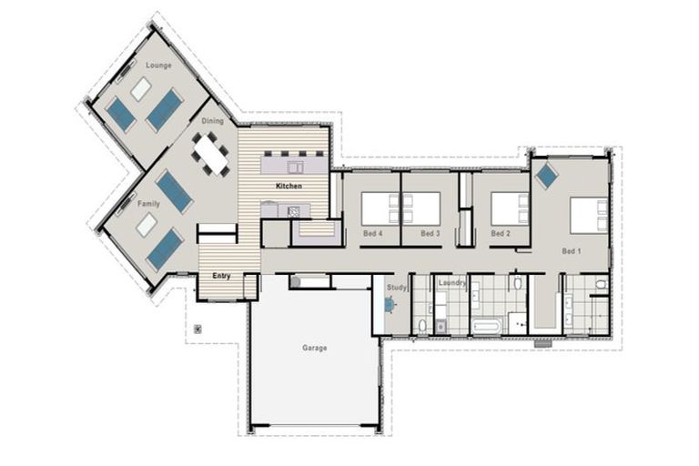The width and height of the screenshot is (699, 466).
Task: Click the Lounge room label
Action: (158, 66)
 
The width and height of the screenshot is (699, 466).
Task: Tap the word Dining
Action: (212, 120)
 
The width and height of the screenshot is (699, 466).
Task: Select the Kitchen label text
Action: (289, 186)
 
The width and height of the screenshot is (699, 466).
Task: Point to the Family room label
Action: (148, 204)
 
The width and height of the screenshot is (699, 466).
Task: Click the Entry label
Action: (221, 275)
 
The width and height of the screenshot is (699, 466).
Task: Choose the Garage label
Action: (314, 348)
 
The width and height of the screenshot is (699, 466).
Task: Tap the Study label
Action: (396, 288)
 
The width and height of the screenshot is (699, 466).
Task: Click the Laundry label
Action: (452, 283)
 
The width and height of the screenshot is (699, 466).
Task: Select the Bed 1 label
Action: (571, 250)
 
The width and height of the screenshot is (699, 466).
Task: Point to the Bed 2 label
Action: (499, 234)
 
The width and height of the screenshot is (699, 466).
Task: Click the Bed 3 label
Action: (431, 234)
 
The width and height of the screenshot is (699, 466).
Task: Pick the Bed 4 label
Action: (372, 234)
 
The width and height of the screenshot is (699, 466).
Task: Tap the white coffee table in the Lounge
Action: (140, 88)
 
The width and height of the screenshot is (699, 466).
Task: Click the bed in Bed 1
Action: (589, 216)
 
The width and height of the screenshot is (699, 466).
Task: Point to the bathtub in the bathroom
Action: (488, 325)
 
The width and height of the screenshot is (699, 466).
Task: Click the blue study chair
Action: (390, 305)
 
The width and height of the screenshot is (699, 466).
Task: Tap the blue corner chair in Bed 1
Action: (546, 175)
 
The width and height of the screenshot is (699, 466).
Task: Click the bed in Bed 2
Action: (510, 208)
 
